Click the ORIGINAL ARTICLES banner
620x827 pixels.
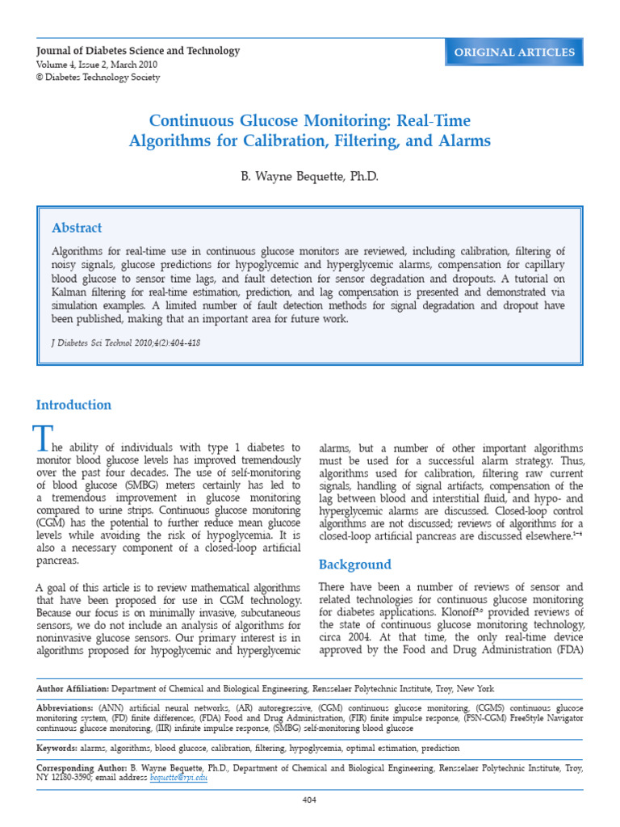(514, 52)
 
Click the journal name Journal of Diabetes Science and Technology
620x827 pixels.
(138, 51)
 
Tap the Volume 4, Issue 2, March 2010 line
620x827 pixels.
(96, 65)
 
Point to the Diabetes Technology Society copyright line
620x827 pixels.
(98, 78)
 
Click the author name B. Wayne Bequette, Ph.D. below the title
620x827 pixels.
(309, 176)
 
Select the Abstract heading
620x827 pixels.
(77, 229)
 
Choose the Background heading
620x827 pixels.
(355, 565)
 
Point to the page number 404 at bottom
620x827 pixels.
(309, 799)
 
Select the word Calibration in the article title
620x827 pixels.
(298, 141)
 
